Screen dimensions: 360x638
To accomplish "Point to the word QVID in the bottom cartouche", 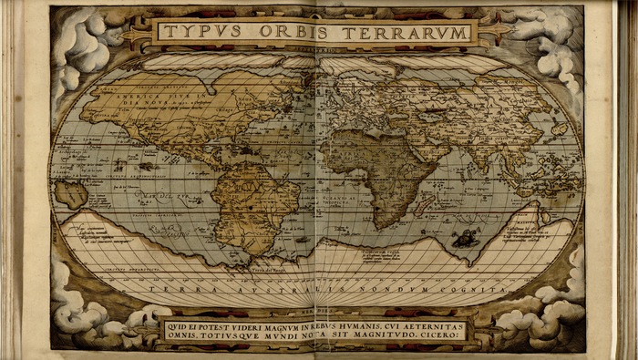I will tap(180, 324).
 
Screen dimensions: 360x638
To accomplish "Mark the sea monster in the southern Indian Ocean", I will tap(467, 240).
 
